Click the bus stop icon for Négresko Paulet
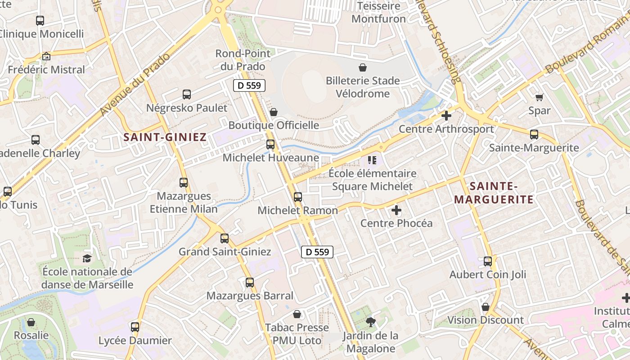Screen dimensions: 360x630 click(187, 94)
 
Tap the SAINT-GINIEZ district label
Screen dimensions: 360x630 click(165, 137)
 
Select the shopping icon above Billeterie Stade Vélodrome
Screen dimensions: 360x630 click(363, 67)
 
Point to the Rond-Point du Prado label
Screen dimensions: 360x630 click(243, 60)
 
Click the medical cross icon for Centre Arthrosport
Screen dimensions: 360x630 click(446, 116)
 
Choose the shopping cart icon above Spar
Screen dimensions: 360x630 click(539, 97)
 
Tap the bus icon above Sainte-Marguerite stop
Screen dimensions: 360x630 click(534, 134)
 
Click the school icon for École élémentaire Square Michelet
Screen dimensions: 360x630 click(372, 160)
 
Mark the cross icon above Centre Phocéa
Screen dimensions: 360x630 click(396, 210)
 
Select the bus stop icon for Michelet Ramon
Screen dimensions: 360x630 click(298, 197)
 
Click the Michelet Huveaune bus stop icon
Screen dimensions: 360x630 click(270, 144)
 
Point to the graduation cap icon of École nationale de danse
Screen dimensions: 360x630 click(87, 258)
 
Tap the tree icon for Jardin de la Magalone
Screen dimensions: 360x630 click(370, 321)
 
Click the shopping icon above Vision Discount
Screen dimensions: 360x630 click(485, 307)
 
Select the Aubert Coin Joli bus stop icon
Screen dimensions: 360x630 click(488, 261)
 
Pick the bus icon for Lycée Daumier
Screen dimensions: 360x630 click(135, 327)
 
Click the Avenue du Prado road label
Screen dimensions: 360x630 click(135, 84)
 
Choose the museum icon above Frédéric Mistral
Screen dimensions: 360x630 click(46, 57)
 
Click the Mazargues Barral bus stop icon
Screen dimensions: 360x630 click(250, 283)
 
